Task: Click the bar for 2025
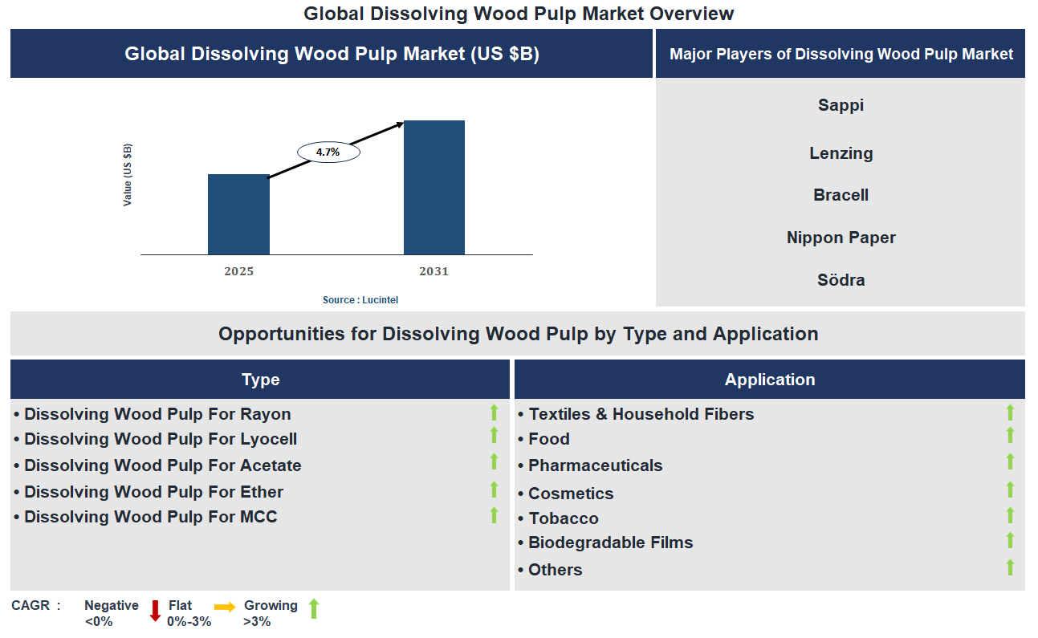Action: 238,214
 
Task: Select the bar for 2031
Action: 434,188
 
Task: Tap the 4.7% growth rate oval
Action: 328,152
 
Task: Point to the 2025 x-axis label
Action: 238,271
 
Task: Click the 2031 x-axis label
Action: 434,271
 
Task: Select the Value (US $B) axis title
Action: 128,175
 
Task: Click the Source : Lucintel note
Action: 360,300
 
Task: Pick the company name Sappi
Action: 841,105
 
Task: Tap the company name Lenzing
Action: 841,153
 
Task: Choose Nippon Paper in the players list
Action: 841,238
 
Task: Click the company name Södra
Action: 841,280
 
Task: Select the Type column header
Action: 260,380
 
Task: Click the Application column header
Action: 769,380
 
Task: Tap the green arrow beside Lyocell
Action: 494,436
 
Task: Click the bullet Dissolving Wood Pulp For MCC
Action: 150,517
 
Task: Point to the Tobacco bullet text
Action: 563,518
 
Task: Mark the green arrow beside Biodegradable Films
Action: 1010,540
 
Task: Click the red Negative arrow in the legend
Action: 156,611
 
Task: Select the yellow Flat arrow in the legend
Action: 225,608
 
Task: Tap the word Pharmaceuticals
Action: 595,465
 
